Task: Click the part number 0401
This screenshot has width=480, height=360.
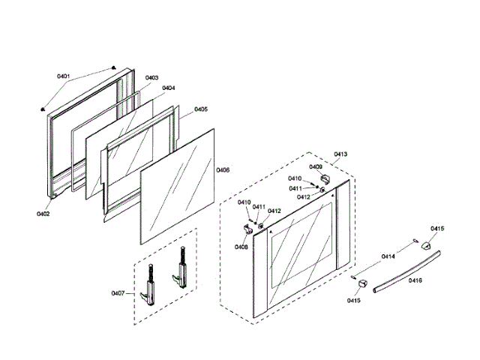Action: click(x=63, y=76)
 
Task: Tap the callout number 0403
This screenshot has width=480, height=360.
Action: click(x=151, y=78)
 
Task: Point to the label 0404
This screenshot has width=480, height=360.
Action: click(x=168, y=88)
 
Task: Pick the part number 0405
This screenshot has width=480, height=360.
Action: click(x=201, y=109)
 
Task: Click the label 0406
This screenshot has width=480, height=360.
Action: click(x=223, y=170)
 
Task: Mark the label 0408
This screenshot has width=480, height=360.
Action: click(x=241, y=246)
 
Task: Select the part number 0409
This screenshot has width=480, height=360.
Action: click(x=316, y=166)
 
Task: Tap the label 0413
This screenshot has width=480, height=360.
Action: click(x=340, y=154)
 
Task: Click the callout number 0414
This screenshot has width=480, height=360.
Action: click(x=388, y=257)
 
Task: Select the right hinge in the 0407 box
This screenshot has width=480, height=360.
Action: click(x=181, y=268)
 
